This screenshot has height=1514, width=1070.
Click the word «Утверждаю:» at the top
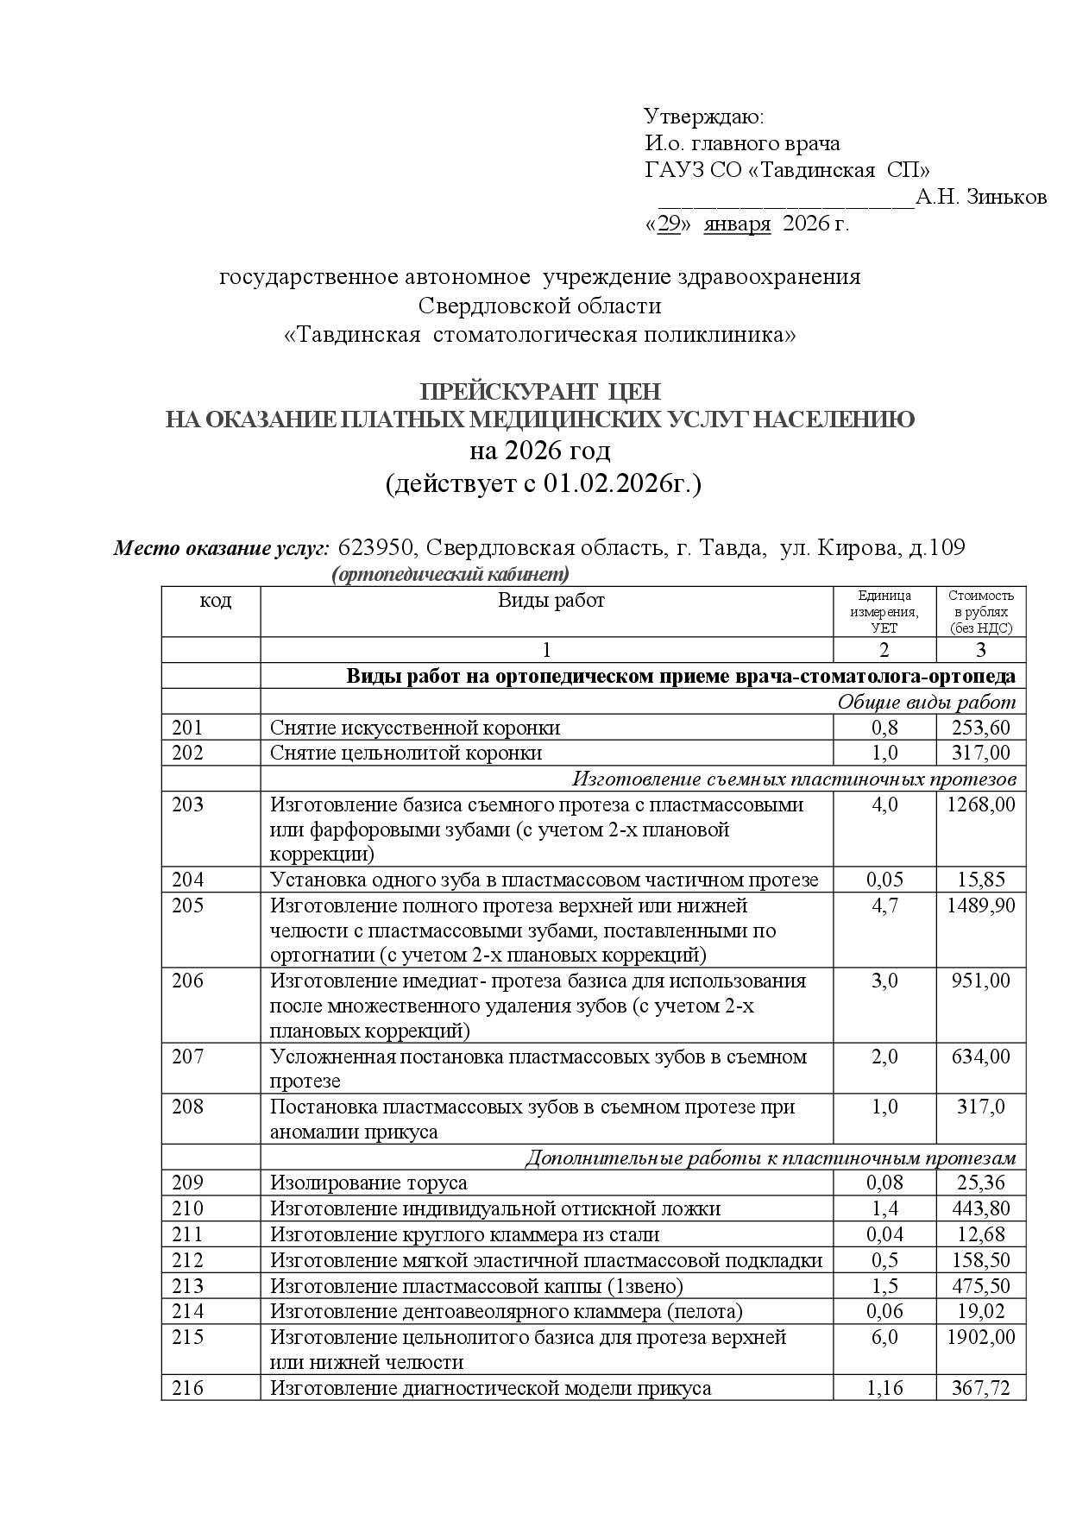[704, 117]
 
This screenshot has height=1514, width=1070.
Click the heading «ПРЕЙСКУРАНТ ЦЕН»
[540, 392]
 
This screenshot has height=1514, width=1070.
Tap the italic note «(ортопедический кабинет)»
[450, 575]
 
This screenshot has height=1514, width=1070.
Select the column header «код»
[216, 601]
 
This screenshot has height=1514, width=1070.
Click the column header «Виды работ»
[551, 601]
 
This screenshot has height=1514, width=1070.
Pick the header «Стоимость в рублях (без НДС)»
[980, 612]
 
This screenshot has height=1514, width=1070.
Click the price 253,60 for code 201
[980, 728]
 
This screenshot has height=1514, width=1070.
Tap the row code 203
[188, 804]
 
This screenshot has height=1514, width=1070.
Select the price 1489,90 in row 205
[980, 905]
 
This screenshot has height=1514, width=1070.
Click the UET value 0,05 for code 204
[884, 880]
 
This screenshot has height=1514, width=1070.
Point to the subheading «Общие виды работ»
[926, 702]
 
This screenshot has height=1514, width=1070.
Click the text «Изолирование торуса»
[368, 1183]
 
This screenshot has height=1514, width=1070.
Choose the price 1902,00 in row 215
[980, 1337]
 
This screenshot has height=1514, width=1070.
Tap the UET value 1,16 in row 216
[884, 1388]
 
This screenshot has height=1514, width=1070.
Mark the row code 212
[188, 1260]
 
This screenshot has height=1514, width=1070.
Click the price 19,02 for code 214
[980, 1311]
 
